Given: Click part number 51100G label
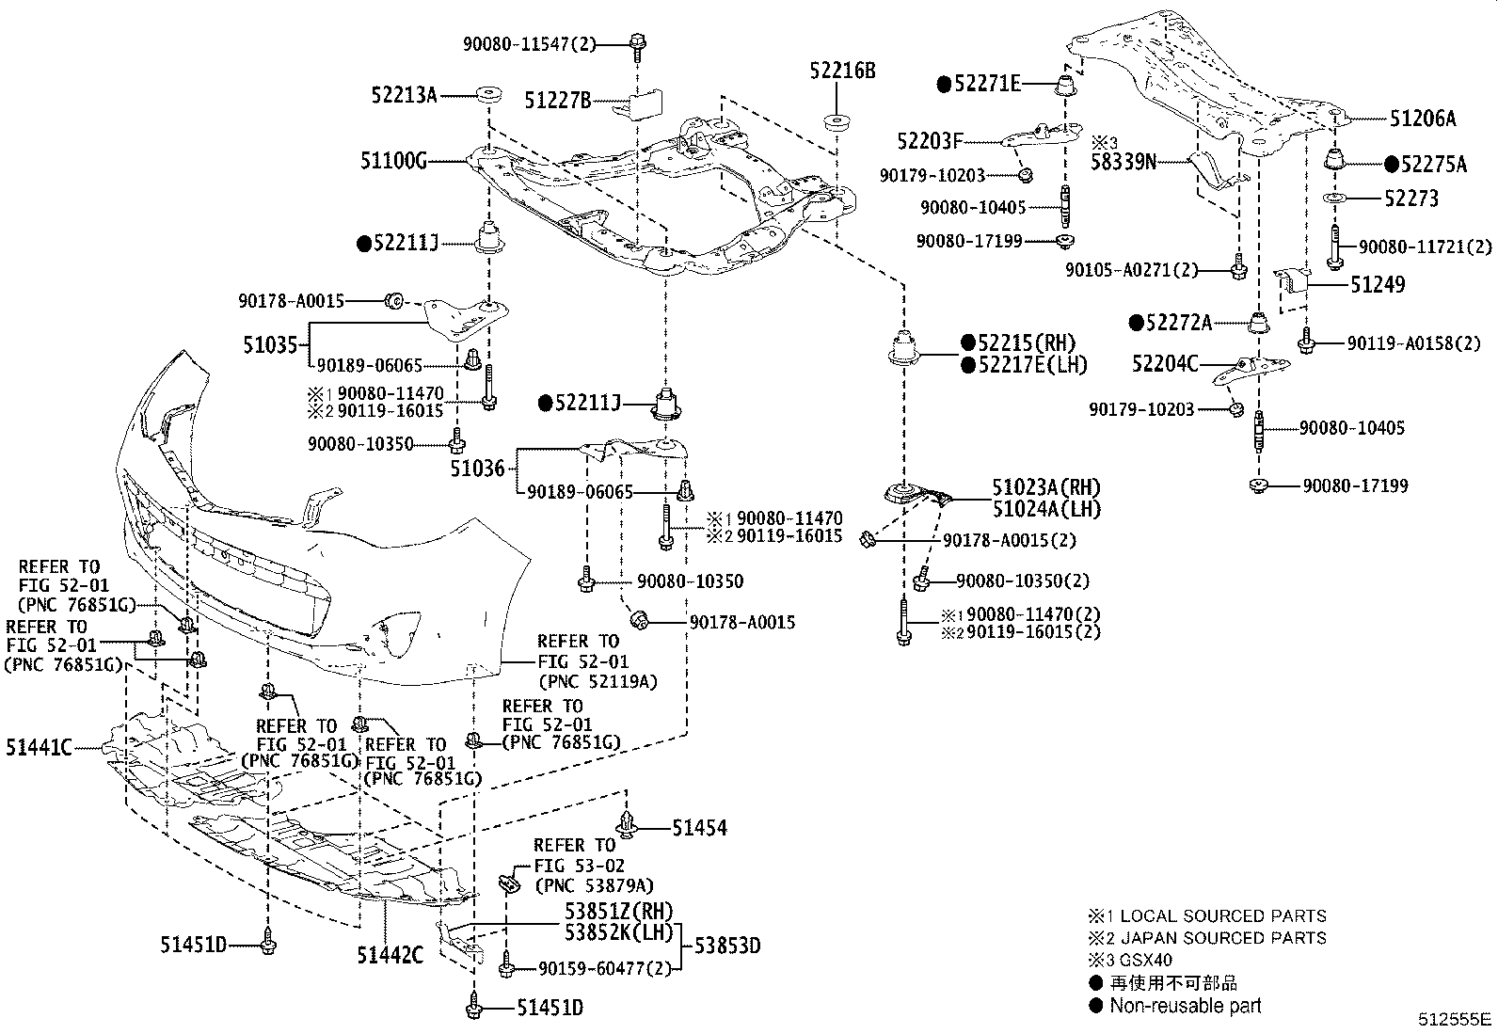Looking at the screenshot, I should point(393,162).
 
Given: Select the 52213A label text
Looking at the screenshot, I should point(404,95).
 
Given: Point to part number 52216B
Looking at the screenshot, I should point(842,72).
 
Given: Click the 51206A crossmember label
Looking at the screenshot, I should point(1422,119).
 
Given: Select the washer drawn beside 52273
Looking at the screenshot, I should point(1334,199).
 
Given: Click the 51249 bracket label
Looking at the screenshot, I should point(1378,284).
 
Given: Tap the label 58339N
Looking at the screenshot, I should point(1123,162).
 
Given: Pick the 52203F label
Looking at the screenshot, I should point(930,142).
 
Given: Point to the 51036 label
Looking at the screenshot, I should point(477,467).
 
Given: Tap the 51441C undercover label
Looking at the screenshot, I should point(39,748).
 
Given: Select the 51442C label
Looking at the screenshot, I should point(390,955).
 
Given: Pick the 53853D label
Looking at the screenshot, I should point(727,946).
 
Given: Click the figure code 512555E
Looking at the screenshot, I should point(1456,1019).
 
